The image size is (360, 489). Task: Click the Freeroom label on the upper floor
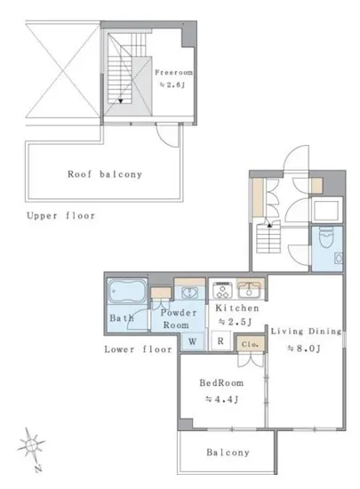(173, 73)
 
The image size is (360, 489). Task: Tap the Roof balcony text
(105, 174)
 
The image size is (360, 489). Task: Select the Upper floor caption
(60, 215)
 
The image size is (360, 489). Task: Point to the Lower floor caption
(138, 349)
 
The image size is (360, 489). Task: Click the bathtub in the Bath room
(127, 291)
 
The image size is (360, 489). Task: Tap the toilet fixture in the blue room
(326, 238)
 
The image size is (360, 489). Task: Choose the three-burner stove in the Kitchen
(222, 290)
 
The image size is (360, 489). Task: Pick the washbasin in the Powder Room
(189, 293)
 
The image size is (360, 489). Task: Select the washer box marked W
(193, 341)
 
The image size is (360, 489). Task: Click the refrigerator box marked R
(220, 341)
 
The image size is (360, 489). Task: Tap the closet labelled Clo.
(250, 344)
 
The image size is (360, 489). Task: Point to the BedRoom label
(221, 382)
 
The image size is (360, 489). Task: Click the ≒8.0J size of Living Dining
(304, 348)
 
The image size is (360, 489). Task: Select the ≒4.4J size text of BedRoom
(222, 399)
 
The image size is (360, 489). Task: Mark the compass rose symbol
(31, 445)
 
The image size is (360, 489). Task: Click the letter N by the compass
(38, 468)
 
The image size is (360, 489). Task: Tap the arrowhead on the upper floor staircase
(121, 101)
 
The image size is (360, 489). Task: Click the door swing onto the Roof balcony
(168, 136)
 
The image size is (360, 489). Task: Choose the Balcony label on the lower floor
(228, 453)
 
